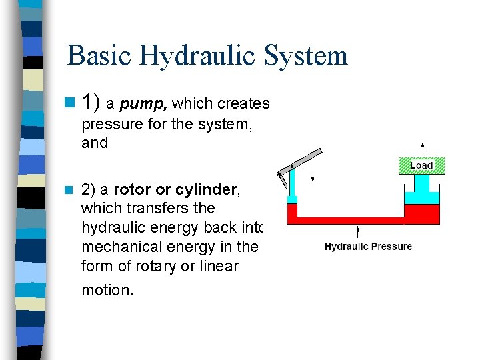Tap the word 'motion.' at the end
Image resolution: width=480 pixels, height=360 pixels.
pyautogui.click(x=108, y=290)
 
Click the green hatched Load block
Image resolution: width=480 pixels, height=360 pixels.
pyautogui.click(x=421, y=165)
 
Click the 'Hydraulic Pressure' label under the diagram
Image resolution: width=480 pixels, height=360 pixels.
pyautogui.click(x=368, y=247)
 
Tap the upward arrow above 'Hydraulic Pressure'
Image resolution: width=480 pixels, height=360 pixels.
pyautogui.click(x=359, y=231)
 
